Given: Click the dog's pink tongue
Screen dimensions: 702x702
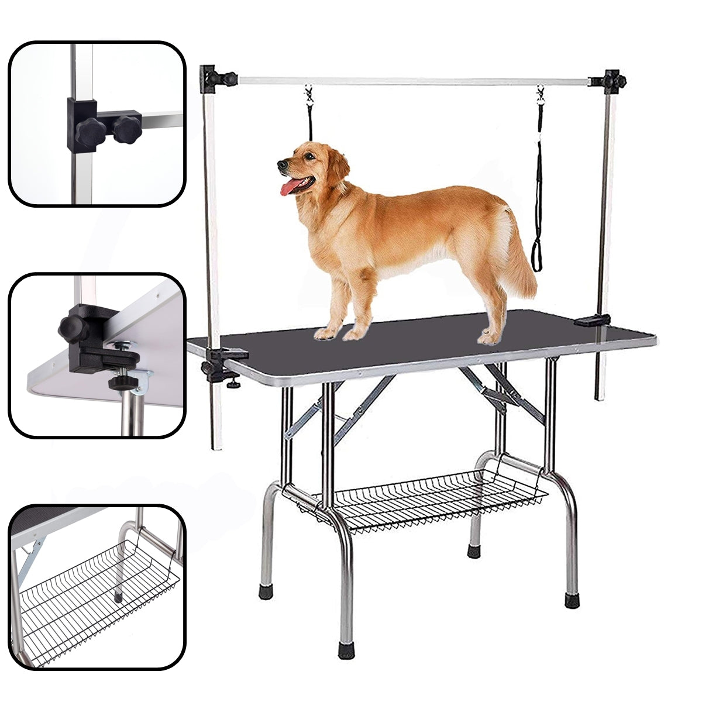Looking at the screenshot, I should [x=290, y=188].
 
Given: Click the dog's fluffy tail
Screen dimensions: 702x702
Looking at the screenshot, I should [x=519, y=257].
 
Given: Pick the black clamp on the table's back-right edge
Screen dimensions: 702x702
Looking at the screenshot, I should [x=592, y=320].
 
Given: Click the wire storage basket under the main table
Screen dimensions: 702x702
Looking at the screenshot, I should [x=421, y=497].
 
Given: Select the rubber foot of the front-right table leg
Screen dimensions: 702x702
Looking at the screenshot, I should [x=572, y=600].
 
